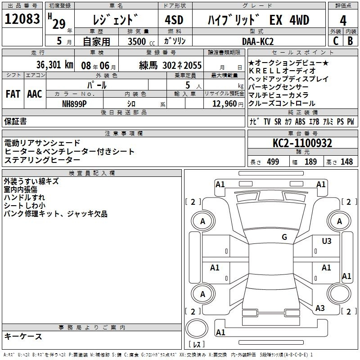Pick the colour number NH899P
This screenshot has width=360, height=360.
74,103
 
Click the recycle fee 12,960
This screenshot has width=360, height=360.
224,103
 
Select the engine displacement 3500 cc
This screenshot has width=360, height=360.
138,41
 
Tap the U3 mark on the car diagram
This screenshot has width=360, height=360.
326,241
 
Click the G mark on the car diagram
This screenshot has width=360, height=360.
284,237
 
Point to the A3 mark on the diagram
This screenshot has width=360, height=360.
320,308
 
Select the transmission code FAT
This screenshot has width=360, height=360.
13,94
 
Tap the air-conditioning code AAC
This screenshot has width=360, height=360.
34,94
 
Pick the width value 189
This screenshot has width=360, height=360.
310,162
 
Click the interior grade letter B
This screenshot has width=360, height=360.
350,41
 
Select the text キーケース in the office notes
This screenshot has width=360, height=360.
23,337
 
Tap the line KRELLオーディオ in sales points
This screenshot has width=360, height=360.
282,71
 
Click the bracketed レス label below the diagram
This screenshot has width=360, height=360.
197,345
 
